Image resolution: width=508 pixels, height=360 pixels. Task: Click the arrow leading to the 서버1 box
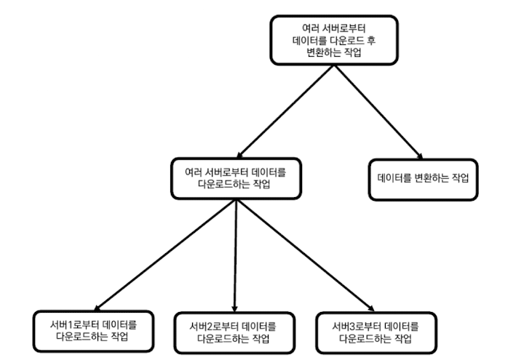[167, 255]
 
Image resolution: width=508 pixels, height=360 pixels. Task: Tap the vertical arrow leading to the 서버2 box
[235, 255]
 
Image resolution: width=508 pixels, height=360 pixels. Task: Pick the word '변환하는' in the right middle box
[432, 177]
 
